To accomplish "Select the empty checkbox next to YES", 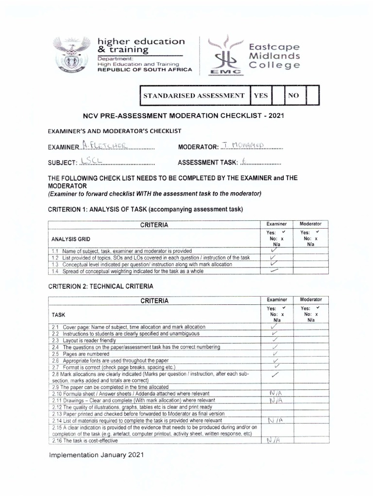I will pos(278,96).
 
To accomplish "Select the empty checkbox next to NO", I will pos(313,96).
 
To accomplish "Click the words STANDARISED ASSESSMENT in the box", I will pos(193,96).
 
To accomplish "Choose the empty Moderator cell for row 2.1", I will pos(311,327).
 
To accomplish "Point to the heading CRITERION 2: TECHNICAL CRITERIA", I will pos(101,286).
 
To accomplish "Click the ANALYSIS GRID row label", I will pos(70,239).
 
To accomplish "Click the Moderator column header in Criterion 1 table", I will pos(311,224).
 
